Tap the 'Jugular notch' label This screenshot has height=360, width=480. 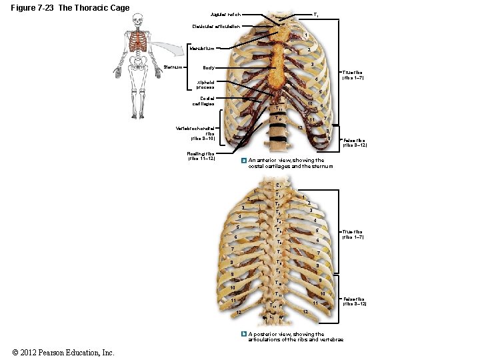click(225, 14)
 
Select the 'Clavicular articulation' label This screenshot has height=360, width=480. click(213, 27)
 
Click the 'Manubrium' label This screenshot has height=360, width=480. click(201, 48)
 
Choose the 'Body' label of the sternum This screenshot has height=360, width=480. click(209, 68)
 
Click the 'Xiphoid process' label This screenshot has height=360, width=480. click(205, 85)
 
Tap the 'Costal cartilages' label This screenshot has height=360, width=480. click(203, 101)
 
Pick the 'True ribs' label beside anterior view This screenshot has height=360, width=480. click(353, 75)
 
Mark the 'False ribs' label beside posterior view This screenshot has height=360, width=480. click(353, 301)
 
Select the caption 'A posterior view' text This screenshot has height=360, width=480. click(292, 337)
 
